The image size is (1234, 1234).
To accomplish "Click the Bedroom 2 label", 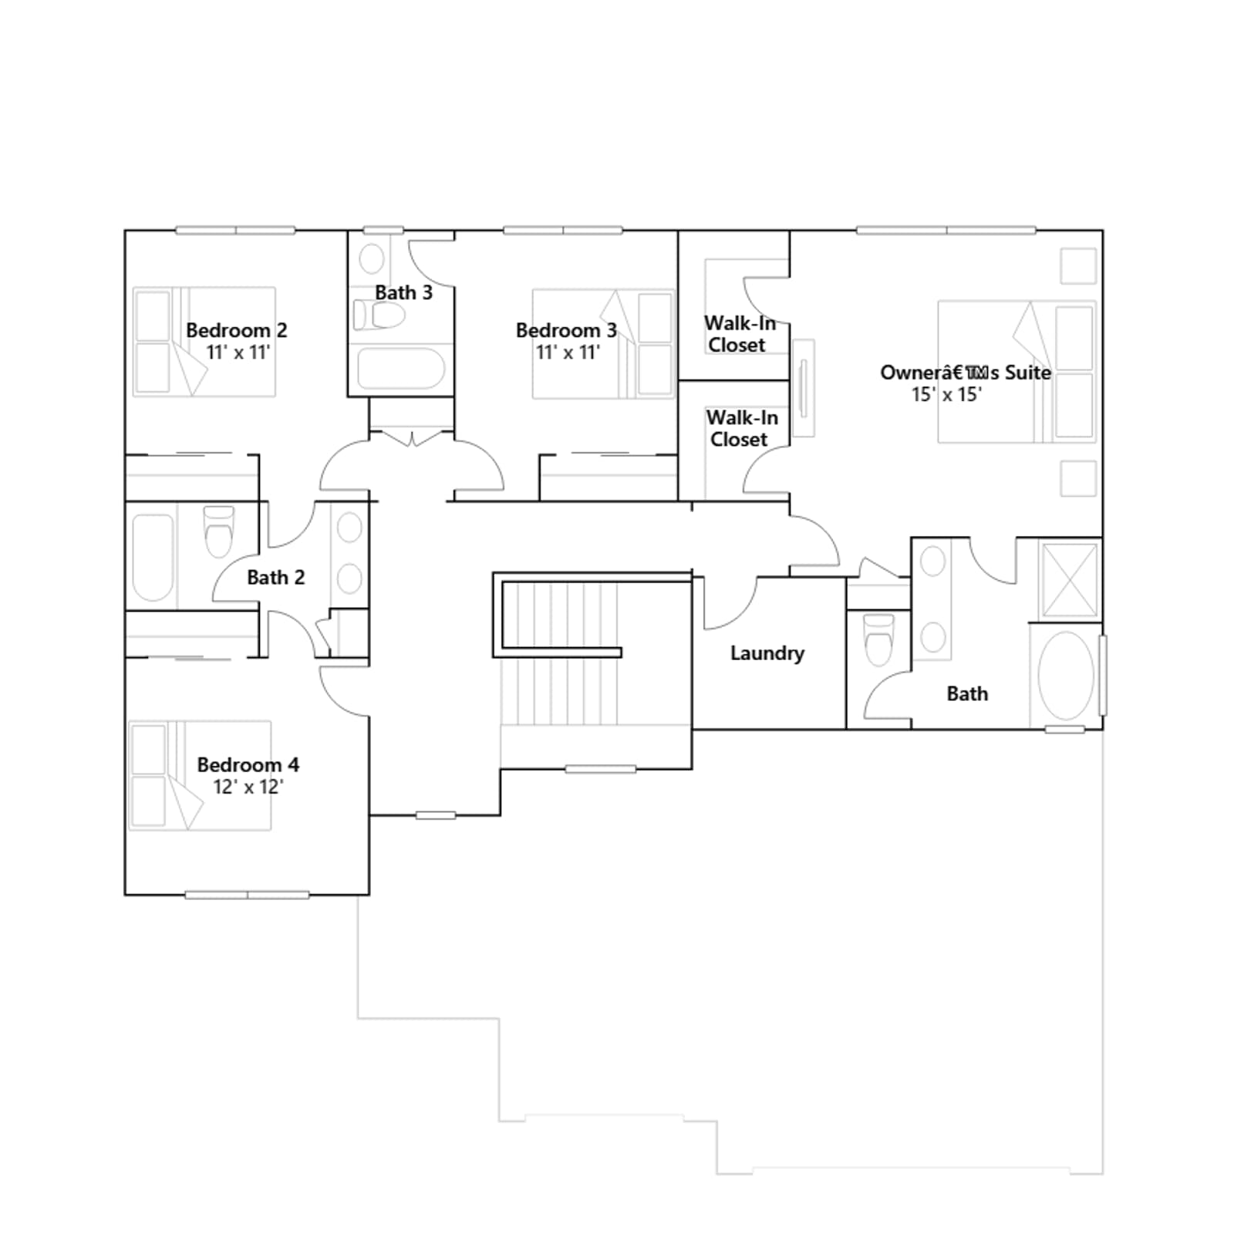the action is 237,330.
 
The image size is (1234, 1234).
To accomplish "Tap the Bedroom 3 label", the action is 566,330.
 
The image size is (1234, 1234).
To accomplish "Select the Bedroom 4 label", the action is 248,765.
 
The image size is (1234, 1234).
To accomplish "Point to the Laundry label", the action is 767,653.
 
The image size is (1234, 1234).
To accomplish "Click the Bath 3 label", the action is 404,293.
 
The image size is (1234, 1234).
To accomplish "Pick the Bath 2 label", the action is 276,577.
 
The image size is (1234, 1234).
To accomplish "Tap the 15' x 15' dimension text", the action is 946,395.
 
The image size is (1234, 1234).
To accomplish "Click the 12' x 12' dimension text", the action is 248,787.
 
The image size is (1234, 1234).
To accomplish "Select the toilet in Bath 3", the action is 379,315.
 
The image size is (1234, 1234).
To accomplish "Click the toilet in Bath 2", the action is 219,531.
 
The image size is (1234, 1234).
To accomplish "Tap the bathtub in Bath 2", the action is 153,557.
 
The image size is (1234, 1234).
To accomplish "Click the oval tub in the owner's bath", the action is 1066,676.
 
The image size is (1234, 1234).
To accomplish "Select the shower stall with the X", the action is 1069,581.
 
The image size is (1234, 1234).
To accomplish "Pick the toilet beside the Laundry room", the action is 878,639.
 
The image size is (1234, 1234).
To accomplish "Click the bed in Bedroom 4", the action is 200,775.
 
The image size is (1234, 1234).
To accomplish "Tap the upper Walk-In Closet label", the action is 739,334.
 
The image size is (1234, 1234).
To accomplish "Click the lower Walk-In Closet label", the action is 742,428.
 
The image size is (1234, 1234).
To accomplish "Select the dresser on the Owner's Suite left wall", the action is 803,388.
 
